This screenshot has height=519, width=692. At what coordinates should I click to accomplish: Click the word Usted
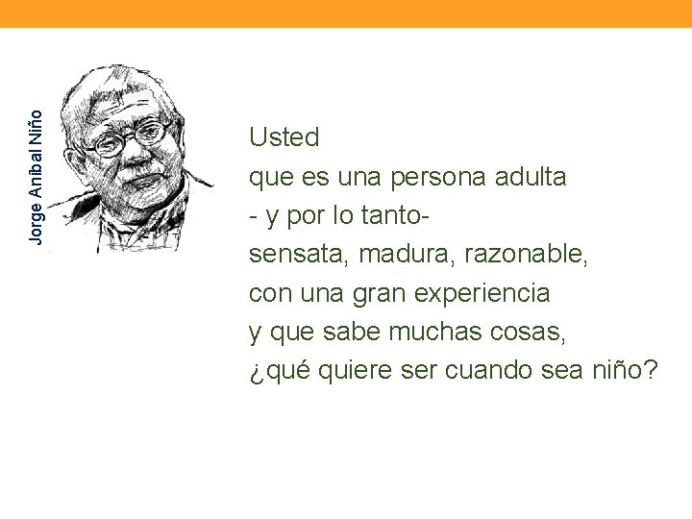284,137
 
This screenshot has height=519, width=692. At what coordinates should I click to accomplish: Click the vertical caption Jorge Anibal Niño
36,172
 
